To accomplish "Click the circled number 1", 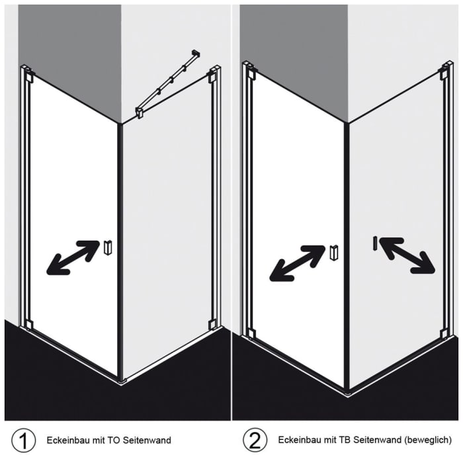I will [24, 440].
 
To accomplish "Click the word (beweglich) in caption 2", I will [429, 440].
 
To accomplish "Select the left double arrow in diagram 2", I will [298, 263].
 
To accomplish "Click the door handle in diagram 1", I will [108, 247].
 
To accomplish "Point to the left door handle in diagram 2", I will [334, 252].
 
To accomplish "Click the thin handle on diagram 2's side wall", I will [374, 243].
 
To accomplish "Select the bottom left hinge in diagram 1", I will [28, 324].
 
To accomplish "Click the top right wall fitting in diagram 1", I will [212, 74].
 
